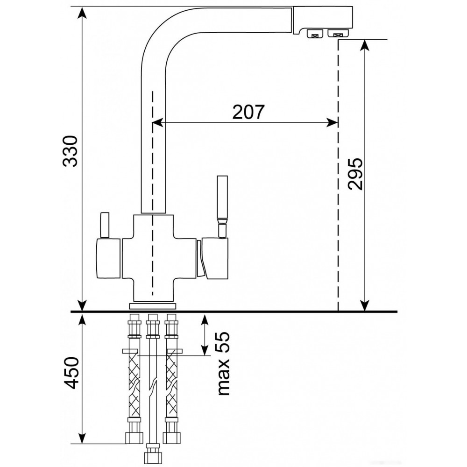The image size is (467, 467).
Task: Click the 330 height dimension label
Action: (x=71, y=151)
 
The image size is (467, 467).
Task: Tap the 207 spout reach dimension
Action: (x=248, y=112)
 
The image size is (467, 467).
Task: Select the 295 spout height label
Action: (x=355, y=174)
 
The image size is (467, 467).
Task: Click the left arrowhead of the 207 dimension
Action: (x=157, y=122)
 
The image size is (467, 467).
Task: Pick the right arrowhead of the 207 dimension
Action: (x=333, y=122)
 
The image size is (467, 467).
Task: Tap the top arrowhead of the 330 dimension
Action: (x=82, y=13)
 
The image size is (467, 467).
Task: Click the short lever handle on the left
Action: (x=105, y=225)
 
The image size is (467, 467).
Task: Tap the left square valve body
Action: (x=108, y=259)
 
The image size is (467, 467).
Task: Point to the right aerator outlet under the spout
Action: (x=338, y=33)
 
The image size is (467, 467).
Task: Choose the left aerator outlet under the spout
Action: (x=315, y=34)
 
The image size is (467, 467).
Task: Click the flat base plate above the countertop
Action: (x=153, y=306)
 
